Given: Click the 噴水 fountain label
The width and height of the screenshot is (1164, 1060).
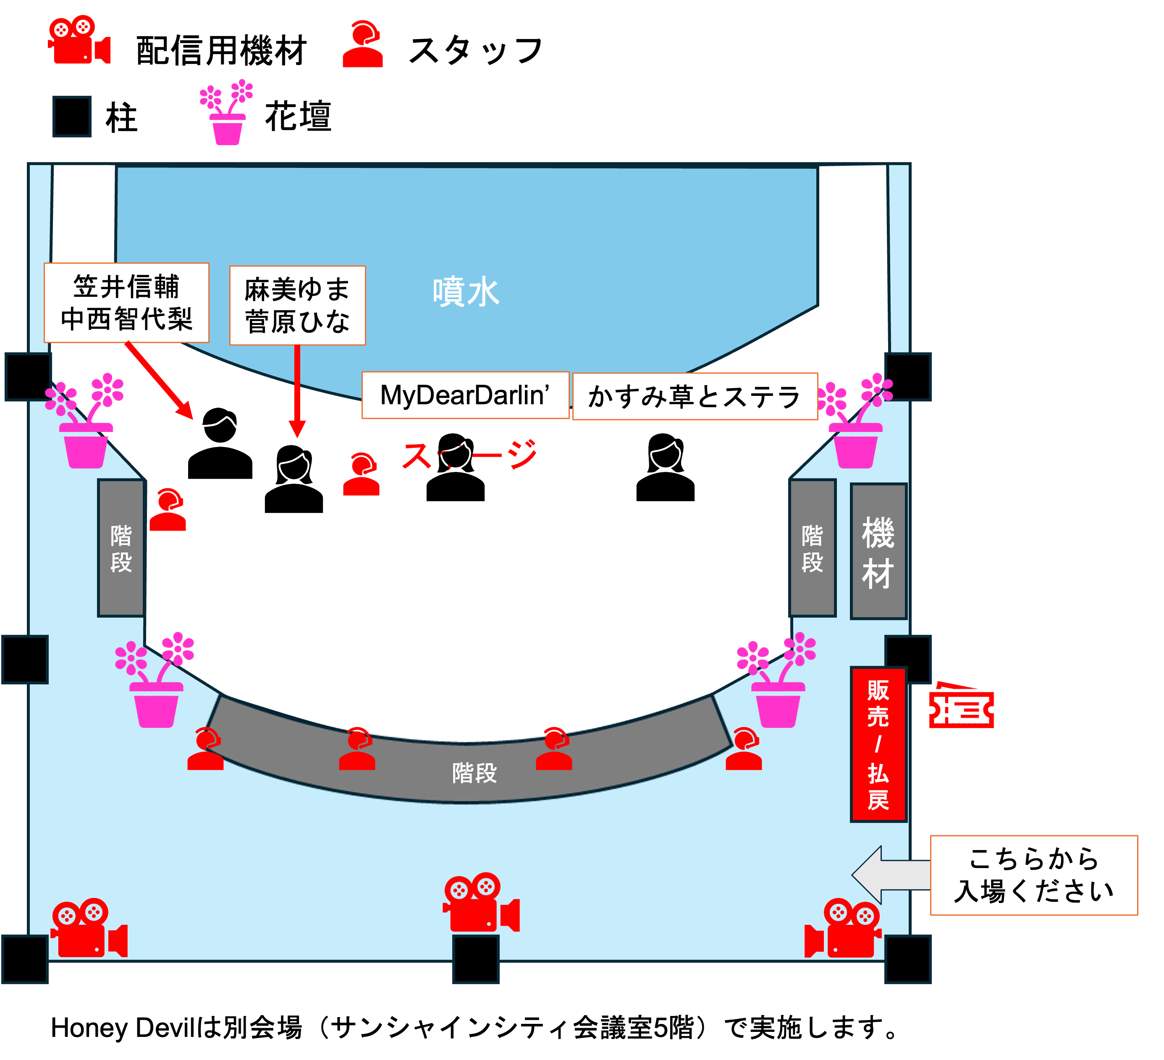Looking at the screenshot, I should pos(465,292).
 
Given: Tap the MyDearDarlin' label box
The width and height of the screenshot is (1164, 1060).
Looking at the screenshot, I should pos(465,395).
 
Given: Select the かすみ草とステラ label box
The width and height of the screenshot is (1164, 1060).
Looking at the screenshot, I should pos(695,397).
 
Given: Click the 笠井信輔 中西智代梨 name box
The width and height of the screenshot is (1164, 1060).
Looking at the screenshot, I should pos(126,303).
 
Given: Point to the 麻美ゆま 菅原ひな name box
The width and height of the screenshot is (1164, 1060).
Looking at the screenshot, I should pos(297,306).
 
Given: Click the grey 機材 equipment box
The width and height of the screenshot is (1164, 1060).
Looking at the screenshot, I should pos(878,551).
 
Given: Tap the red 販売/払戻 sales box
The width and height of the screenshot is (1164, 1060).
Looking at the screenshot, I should pos(878,744).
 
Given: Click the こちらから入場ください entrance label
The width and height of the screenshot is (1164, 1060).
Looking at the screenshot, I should pos(1033,875).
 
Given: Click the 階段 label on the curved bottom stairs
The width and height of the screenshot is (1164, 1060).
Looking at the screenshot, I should pos(474,772).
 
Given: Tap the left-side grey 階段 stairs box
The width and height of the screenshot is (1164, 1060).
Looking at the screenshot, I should pos(121,548).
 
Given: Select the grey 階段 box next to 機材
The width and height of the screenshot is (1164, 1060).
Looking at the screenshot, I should pos(813,548).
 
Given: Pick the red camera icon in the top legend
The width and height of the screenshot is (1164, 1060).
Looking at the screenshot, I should pos(79,40).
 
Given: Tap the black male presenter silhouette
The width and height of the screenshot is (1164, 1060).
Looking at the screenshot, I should pos(220,444).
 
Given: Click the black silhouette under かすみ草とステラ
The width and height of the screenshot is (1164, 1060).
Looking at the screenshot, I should pos(665,468).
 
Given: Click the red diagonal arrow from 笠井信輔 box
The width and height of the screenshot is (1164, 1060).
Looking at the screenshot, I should pos(158,379).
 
